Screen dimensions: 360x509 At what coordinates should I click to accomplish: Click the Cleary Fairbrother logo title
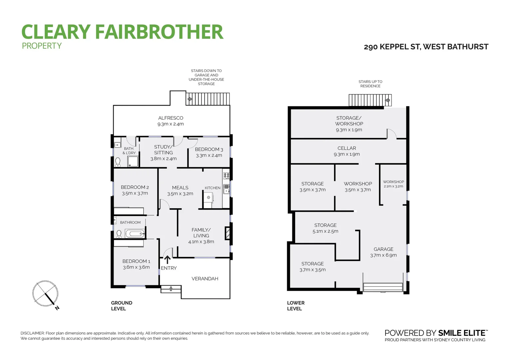122,32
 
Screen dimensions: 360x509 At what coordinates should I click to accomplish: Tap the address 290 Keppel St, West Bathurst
426,47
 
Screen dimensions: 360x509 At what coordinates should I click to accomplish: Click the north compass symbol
46,294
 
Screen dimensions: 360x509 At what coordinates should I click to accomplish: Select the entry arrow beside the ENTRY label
167,259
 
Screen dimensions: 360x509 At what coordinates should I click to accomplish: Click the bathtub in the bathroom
135,233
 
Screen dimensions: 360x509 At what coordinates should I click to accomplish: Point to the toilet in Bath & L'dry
118,162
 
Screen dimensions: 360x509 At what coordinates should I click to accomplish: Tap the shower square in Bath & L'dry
132,162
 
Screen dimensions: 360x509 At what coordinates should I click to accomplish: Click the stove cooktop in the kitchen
227,175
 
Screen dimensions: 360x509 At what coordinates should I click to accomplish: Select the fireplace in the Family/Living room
228,233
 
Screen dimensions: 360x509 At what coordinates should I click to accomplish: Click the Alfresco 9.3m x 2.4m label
171,121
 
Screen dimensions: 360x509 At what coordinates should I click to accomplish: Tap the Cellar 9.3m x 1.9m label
347,151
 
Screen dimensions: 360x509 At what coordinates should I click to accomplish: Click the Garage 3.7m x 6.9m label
383,252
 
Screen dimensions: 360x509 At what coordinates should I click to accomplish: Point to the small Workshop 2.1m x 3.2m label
393,184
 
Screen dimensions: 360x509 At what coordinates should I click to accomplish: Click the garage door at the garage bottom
383,287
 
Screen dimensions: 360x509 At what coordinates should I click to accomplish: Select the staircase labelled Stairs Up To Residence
370,100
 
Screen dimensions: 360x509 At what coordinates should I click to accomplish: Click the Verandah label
205,279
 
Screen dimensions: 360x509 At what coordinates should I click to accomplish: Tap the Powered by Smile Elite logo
436,333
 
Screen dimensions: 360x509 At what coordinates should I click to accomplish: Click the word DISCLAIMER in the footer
32,333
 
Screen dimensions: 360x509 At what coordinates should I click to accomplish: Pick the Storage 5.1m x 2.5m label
325,228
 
